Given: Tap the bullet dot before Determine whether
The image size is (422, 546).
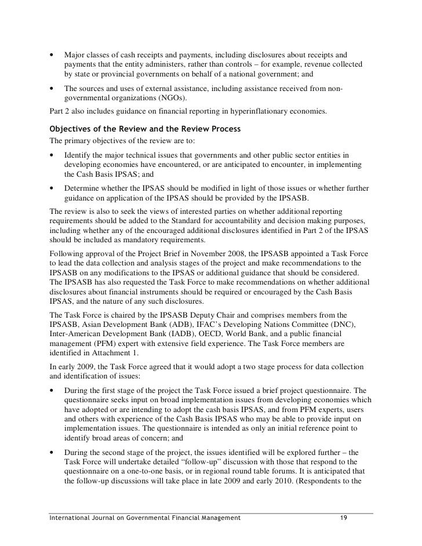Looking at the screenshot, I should coord(53,189).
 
